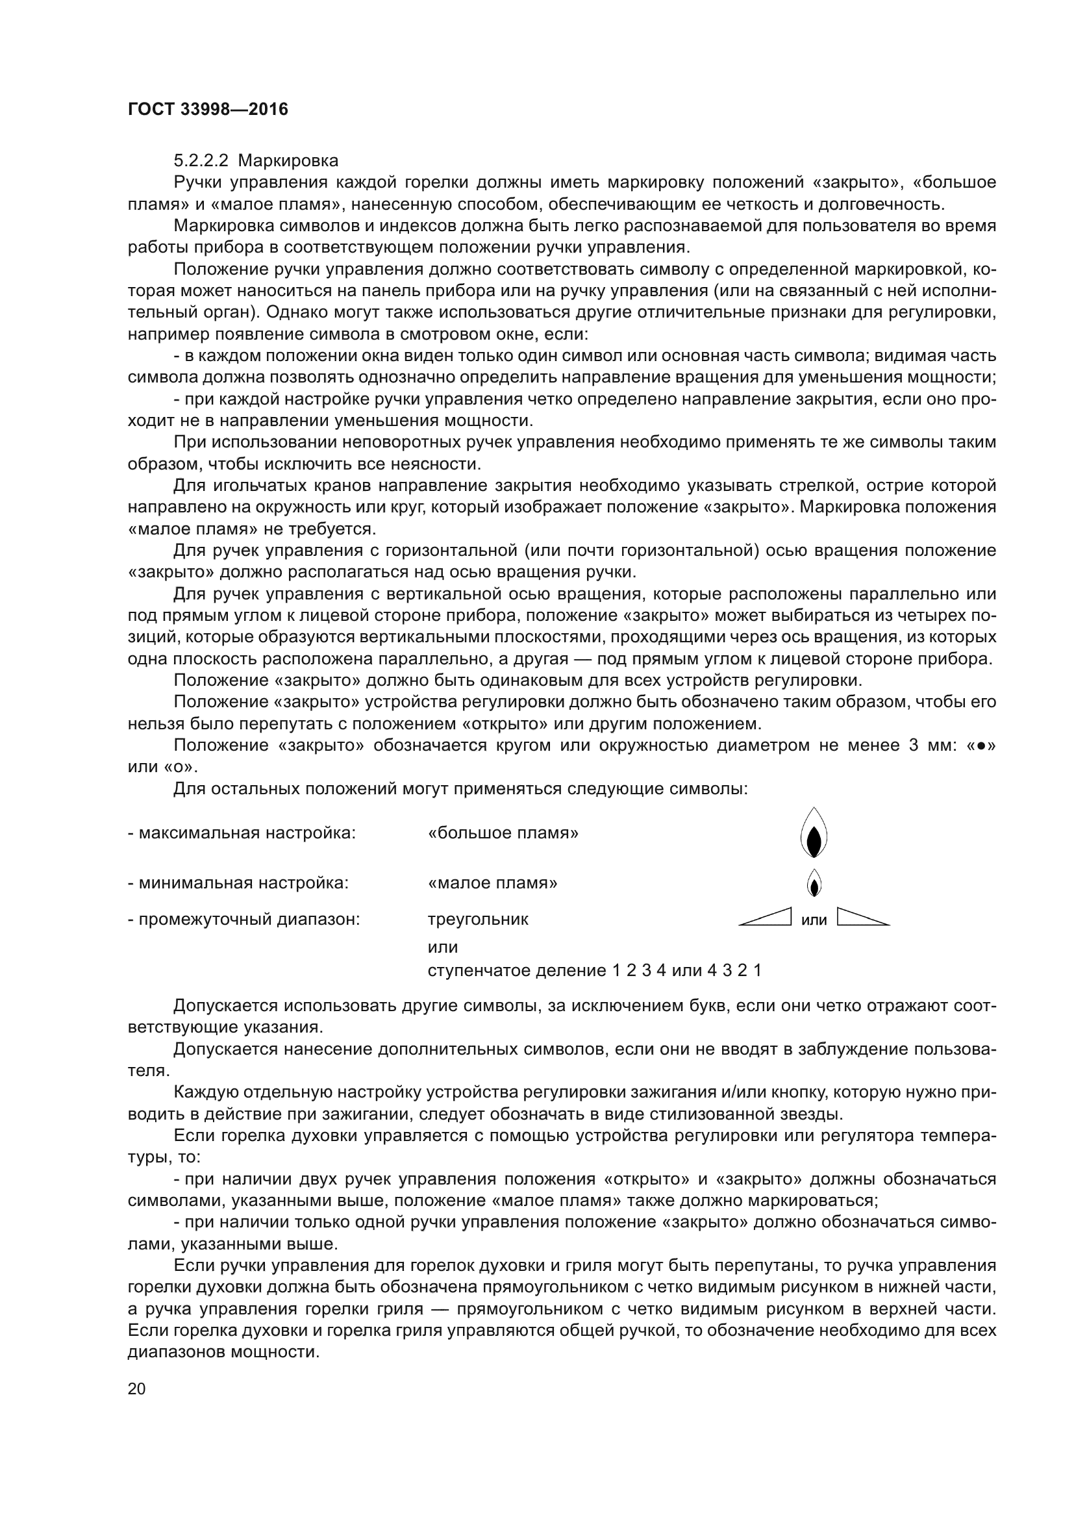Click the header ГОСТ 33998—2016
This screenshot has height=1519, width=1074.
click(208, 109)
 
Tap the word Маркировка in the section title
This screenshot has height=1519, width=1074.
click(288, 161)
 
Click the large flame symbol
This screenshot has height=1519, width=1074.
click(814, 833)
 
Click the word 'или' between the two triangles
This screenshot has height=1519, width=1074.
click(814, 920)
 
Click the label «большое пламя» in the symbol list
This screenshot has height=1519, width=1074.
click(503, 833)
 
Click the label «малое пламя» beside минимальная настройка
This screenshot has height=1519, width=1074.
click(493, 883)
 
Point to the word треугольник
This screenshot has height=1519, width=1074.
click(478, 920)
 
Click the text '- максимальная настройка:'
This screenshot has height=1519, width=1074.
click(242, 833)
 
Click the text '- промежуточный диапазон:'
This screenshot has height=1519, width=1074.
click(244, 920)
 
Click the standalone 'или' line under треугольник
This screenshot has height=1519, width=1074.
click(442, 947)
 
